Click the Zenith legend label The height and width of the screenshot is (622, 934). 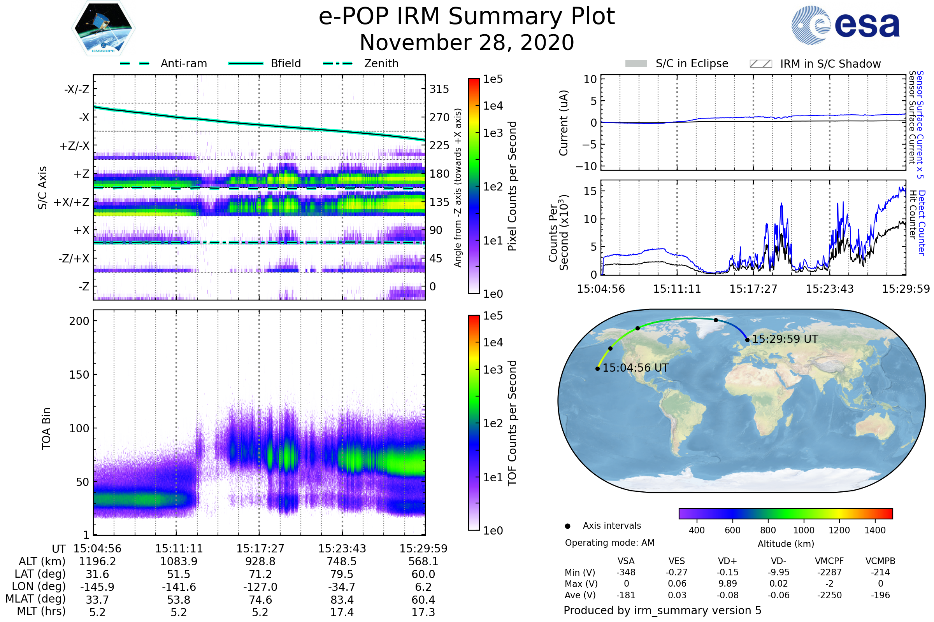[381, 63]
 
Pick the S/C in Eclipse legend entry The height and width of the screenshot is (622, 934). [677, 64]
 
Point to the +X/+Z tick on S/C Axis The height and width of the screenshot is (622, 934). [72, 202]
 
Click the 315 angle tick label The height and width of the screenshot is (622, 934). [439, 89]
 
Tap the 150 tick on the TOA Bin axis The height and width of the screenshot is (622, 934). [79, 375]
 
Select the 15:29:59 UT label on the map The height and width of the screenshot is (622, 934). [785, 339]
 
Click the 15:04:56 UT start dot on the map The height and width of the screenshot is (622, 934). [598, 369]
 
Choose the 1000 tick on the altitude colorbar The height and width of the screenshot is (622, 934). [804, 530]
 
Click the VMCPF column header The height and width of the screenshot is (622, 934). [829, 561]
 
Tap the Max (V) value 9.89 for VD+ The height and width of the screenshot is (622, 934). [727, 584]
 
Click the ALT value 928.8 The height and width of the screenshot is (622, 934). [260, 562]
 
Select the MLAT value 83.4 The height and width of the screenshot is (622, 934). [342, 600]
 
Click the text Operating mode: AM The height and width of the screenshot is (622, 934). [609, 543]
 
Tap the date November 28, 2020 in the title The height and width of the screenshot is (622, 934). [467, 43]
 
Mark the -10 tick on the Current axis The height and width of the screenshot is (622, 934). [586, 166]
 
